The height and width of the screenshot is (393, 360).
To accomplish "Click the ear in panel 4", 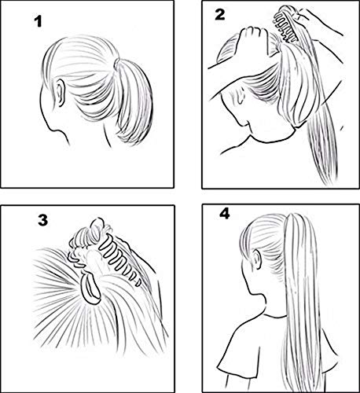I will pyautogui.click(x=250, y=275).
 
